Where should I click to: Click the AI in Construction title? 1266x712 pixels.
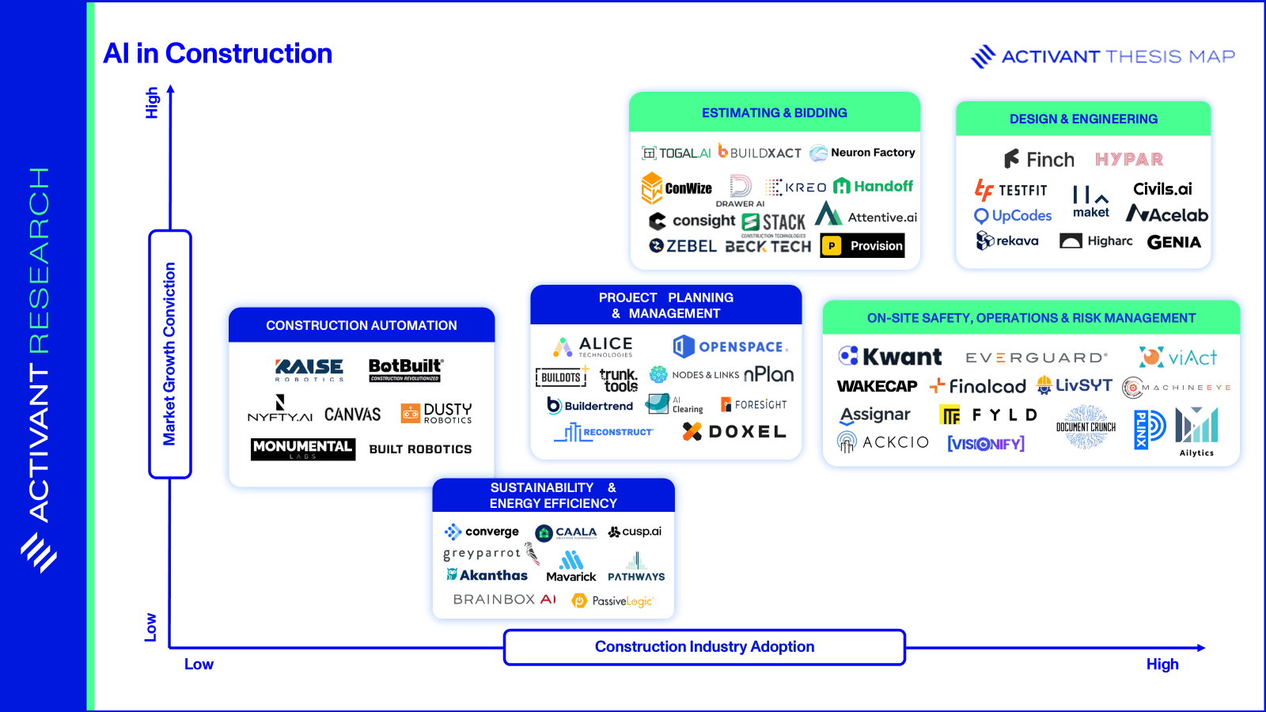(218, 54)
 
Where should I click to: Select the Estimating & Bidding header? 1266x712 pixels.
(774, 113)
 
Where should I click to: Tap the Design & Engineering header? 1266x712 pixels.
(1083, 119)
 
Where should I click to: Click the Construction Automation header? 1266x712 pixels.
(362, 325)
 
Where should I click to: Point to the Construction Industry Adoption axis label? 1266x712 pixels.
(704, 647)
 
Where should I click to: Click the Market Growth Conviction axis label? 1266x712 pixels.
(169, 354)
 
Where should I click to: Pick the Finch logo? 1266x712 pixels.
(1039, 160)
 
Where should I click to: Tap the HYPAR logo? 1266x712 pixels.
(1129, 160)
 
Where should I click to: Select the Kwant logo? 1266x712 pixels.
(890, 357)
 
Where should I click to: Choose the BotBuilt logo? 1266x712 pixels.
(405, 369)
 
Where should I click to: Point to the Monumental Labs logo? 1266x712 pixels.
(302, 449)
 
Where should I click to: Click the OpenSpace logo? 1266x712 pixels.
(730, 347)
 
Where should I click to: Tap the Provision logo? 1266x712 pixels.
(862, 246)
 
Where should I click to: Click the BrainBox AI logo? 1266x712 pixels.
(505, 600)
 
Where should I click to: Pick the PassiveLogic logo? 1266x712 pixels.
(612, 601)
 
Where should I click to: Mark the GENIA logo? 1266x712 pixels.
(1173, 242)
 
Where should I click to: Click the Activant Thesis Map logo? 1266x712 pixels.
(1102, 57)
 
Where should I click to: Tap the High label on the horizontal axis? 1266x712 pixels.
(1162, 665)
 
